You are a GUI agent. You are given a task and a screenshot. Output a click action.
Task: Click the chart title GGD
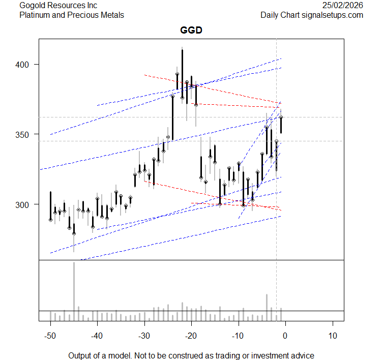(191, 31)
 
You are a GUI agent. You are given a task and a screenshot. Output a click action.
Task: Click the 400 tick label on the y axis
(26, 65)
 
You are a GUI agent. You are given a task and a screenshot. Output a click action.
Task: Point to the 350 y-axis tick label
(26, 134)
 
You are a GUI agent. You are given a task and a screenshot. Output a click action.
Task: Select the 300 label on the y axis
(26, 204)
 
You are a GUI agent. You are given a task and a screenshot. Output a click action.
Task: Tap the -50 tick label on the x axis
(50, 336)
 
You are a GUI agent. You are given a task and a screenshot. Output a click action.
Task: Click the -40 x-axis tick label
(97, 336)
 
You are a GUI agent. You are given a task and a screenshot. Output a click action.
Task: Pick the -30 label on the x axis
(144, 336)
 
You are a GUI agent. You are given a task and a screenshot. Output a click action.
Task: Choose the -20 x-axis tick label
(191, 336)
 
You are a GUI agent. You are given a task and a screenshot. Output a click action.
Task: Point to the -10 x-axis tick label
(238, 336)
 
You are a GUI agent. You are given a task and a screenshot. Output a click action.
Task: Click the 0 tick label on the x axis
(285, 336)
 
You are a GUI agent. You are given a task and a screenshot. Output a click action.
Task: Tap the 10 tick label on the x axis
(333, 336)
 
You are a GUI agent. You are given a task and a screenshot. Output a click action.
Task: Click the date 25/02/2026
(343, 5)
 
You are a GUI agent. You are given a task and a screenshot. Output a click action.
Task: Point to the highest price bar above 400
(182, 71)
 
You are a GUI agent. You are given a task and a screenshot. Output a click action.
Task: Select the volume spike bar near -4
(267, 307)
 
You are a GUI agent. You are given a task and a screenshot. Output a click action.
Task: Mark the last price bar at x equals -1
(281, 125)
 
